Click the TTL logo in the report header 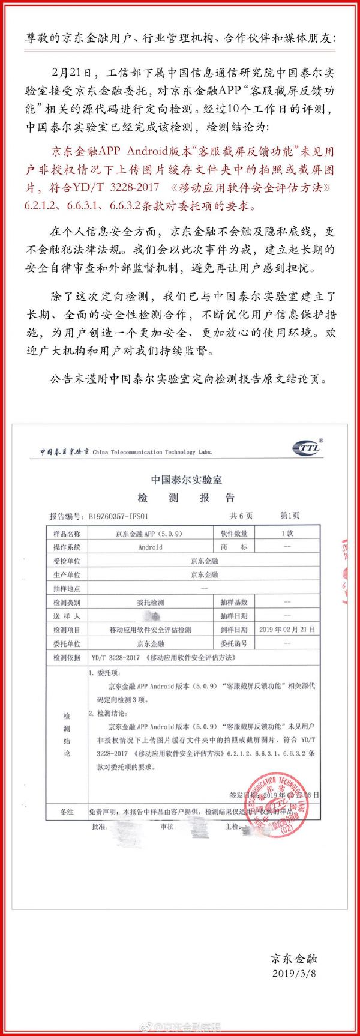coord(307,448)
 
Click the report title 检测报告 coord(187,498)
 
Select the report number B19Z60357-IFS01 coord(118,516)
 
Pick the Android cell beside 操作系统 coord(150,547)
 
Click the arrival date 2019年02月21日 coord(287,630)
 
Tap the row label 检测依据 coord(67,658)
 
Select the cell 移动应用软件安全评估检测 coord(150,630)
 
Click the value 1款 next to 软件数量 coord(287,534)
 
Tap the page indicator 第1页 coord(290,516)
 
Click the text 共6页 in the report coord(241,516)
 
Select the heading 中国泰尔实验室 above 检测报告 coord(187,480)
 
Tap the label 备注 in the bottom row coord(67,812)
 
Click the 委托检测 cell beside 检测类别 coord(150,602)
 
